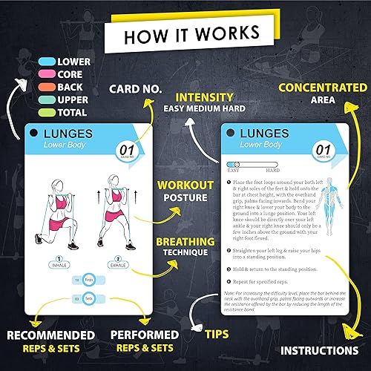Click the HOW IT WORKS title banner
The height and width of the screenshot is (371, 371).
pos(185,34)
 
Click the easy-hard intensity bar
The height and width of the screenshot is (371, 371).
pos(256,165)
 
